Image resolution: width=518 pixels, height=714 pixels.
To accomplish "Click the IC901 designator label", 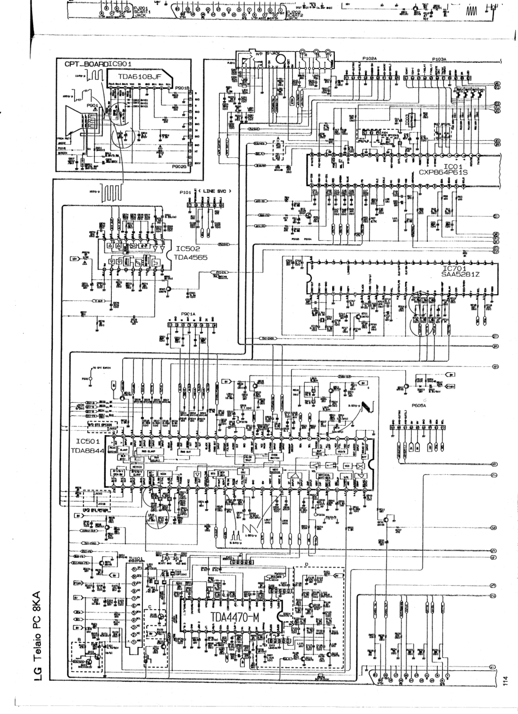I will coord(119,64).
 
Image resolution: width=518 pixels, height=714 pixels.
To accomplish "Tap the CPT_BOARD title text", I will coord(86,64).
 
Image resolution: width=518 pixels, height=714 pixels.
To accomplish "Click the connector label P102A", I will coord(369,58).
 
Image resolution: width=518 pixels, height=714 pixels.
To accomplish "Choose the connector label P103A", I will coord(439,58).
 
